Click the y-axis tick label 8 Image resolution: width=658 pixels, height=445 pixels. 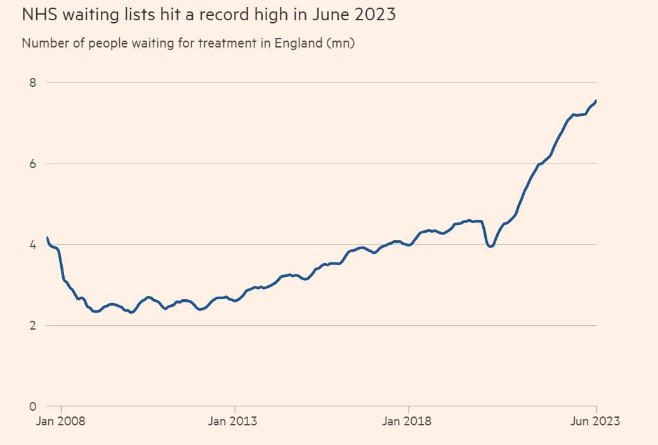(33, 82)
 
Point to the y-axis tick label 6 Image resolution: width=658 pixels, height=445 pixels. (33, 164)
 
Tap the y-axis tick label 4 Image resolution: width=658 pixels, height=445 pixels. (33, 245)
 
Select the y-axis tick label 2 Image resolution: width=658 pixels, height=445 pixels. (33, 326)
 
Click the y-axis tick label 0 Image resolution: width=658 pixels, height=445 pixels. (33, 406)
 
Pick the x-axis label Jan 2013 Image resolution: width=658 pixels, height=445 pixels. (233, 421)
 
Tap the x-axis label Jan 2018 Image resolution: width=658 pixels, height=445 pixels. (407, 421)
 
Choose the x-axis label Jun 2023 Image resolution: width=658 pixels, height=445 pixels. (595, 421)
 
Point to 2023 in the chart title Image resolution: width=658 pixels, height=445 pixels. (375, 15)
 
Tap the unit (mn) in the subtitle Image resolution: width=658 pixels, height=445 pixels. (340, 44)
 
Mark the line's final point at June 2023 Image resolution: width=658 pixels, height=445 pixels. (596, 100)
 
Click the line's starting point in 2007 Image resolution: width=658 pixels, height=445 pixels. (48, 238)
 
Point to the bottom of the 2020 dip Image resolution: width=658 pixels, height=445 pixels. (490, 246)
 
